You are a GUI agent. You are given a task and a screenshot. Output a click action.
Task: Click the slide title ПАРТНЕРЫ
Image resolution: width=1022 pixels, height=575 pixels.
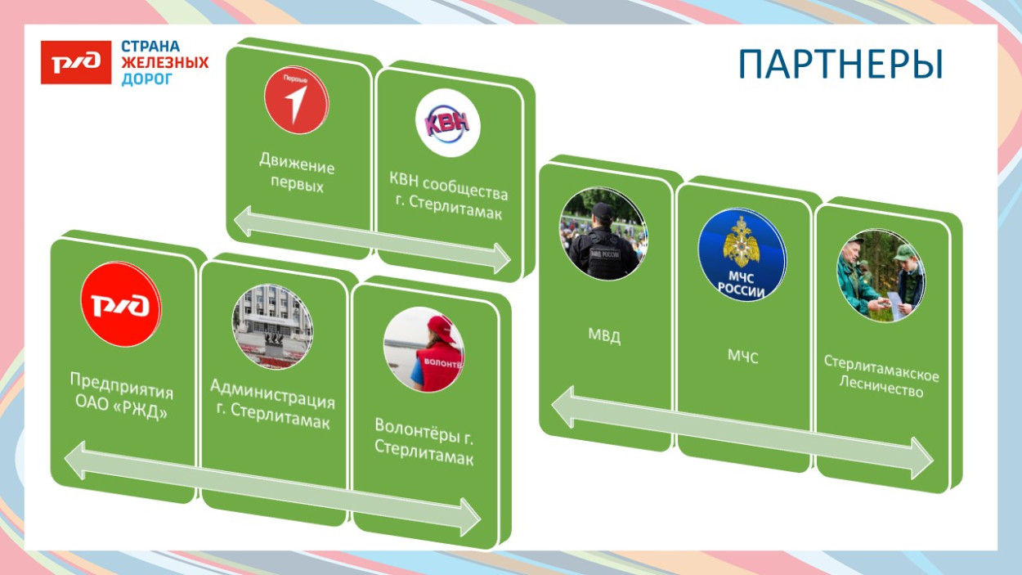click(840, 65)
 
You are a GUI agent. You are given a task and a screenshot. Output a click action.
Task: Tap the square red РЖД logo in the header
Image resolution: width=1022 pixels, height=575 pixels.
click(76, 62)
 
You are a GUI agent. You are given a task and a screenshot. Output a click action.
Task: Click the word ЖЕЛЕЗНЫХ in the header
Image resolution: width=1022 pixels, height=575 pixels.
click(164, 62)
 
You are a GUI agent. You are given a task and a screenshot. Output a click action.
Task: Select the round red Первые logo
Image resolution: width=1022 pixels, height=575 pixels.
click(297, 100)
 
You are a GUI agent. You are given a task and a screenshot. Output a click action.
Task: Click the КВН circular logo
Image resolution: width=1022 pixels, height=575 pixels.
click(447, 123)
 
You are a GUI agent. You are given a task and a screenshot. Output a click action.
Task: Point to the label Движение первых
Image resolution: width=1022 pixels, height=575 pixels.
click(297, 173)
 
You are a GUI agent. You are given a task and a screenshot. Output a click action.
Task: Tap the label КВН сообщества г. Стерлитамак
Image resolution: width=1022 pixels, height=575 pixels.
click(449, 195)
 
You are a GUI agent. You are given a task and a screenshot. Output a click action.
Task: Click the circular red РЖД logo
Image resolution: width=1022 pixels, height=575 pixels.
click(121, 304)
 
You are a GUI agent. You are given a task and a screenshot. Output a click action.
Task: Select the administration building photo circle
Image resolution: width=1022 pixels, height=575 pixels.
click(272, 326)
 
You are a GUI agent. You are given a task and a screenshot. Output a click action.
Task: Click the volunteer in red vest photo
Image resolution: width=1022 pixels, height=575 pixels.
click(424, 349)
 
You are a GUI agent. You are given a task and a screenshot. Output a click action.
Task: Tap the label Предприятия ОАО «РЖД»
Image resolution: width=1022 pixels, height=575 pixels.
click(121, 396)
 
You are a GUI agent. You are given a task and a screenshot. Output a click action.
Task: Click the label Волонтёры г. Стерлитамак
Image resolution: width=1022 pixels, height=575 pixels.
click(424, 442)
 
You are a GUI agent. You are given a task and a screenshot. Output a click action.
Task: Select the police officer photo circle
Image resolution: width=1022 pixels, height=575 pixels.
click(603, 233)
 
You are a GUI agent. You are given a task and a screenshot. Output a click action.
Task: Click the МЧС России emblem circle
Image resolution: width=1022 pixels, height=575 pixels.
click(742, 254)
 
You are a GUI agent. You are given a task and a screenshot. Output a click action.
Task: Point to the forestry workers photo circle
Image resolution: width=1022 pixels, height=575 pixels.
click(881, 276)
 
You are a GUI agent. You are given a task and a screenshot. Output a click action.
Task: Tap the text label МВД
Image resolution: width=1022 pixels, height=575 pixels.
click(604, 336)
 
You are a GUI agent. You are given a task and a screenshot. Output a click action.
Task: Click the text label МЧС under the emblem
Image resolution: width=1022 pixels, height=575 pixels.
click(742, 357)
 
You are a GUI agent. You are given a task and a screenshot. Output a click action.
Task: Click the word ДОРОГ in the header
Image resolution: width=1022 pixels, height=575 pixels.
click(147, 79)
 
